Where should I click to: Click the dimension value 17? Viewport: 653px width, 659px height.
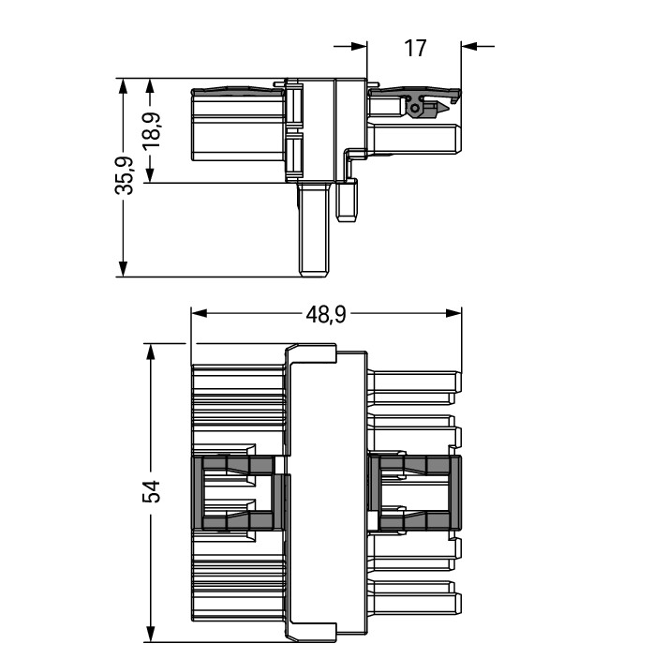415,49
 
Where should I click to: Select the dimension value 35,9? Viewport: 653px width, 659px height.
125,175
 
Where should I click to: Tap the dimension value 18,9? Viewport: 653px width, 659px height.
151,130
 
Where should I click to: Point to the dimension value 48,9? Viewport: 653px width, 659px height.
325,314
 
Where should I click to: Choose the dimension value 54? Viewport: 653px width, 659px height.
151,491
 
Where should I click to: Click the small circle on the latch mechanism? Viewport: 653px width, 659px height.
414,108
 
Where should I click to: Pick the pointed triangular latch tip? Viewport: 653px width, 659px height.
442,109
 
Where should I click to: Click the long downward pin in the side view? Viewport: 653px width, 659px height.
313,230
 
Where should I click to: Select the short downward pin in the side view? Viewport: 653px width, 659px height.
348,201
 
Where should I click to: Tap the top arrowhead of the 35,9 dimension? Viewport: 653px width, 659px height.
123,86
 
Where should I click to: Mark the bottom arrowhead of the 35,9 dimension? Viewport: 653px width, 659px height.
123,269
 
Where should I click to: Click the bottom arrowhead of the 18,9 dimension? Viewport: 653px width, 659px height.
150,175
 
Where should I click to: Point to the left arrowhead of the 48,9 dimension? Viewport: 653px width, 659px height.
199,313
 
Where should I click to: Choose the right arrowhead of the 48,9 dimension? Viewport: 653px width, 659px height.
453,313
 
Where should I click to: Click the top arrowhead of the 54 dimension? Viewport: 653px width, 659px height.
150,352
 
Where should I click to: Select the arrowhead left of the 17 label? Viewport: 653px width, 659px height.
359,46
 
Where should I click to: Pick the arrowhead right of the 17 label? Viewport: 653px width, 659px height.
469,46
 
